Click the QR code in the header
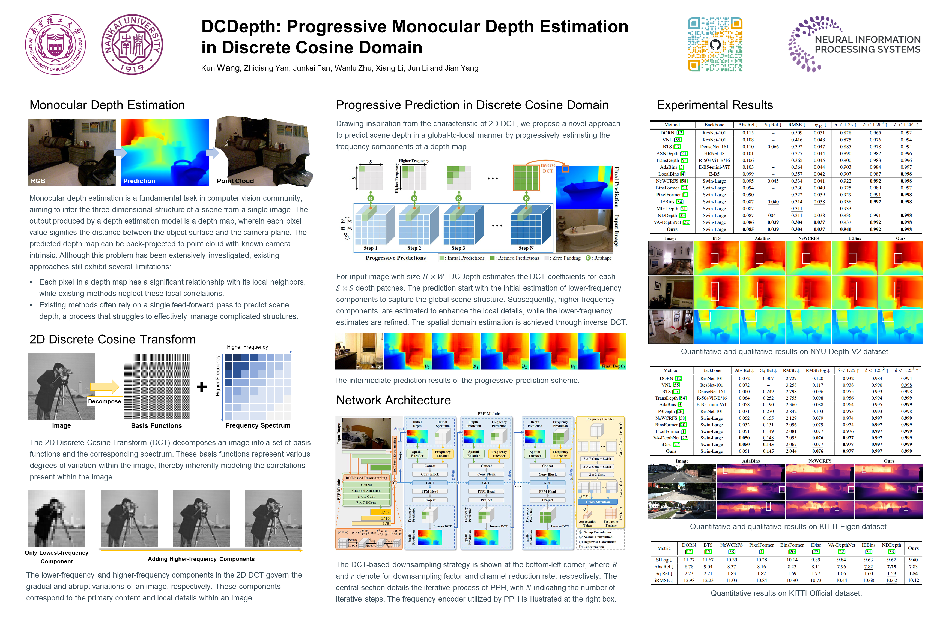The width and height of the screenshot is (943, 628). point(715,44)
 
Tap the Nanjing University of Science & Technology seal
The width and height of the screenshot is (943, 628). point(55,44)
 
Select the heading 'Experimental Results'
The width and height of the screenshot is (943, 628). point(714,105)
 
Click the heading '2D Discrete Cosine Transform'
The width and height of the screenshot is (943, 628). point(112,339)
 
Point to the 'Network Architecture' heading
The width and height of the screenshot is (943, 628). point(393,400)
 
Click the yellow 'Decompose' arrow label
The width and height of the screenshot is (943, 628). point(104,401)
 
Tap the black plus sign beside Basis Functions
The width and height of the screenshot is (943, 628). point(202,387)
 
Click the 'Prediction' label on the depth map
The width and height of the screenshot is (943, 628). point(139,181)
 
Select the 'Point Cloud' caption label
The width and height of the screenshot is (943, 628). point(235,181)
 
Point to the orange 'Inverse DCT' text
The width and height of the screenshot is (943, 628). point(548,168)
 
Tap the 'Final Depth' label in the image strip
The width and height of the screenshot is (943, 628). point(613,366)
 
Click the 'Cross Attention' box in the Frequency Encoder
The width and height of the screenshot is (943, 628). point(597,502)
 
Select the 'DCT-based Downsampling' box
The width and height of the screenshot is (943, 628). point(366,478)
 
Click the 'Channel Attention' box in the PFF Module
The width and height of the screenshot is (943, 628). point(366,491)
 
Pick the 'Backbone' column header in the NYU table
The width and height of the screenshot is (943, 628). point(714,125)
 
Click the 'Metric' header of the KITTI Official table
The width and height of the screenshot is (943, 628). point(664,548)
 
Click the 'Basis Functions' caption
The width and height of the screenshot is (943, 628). point(156,426)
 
